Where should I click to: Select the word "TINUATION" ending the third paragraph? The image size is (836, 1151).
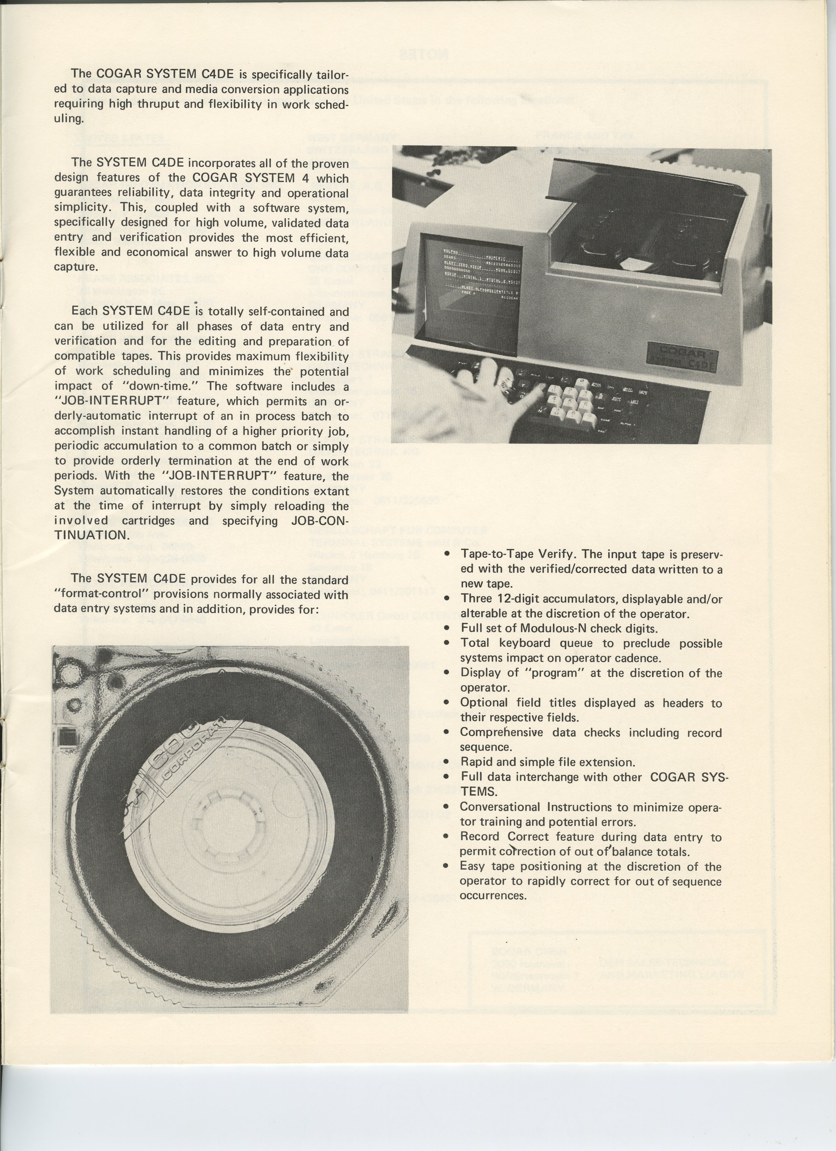tap(92, 535)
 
